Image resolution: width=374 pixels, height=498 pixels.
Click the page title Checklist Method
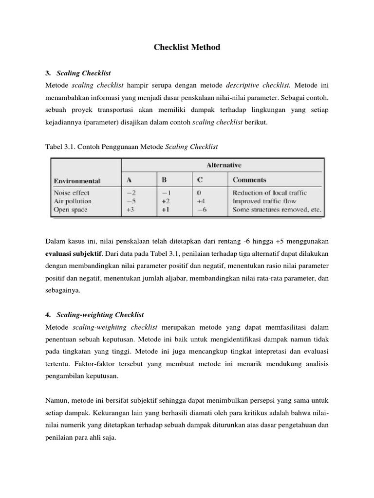pos(187,47)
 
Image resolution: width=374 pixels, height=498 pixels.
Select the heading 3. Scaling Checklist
pos(78,73)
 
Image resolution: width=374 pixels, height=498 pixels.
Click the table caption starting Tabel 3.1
pos(131,146)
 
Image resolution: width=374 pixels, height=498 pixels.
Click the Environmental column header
pos(77,180)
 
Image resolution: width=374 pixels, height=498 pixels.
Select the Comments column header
pos(249,180)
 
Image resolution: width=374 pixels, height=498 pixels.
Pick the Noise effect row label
pos(71,193)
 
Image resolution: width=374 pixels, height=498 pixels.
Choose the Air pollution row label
pos(72,201)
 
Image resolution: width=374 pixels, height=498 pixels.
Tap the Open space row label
pos(70,210)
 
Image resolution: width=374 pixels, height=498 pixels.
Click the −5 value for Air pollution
pos(131,201)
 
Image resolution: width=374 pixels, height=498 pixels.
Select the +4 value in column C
pos(201,201)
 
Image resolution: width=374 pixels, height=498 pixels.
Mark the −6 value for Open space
pos(201,210)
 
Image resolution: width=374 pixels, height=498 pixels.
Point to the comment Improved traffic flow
pos(264,201)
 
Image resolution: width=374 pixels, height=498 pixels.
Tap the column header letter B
pos(164,180)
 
